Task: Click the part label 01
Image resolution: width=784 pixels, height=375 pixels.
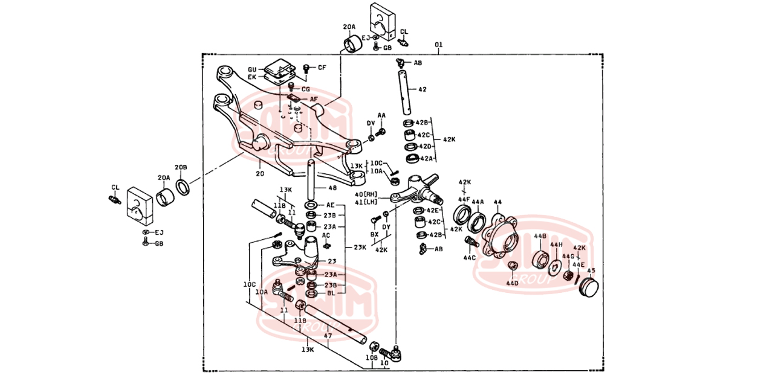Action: pos(439,45)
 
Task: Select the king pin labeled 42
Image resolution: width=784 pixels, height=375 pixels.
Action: pos(404,91)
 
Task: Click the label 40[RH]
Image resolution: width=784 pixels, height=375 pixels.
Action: pos(366,194)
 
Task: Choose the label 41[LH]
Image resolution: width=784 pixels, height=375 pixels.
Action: pos(366,202)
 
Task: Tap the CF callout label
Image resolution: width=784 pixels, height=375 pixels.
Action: pos(322,68)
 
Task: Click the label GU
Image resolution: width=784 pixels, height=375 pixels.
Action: pos(252,69)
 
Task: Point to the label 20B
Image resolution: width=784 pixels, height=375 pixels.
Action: pos(181,167)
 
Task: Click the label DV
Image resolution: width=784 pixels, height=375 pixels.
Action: pos(371,123)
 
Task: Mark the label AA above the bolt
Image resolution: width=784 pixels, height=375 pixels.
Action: pos(381,115)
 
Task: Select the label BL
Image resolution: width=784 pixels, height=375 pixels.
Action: pos(330,293)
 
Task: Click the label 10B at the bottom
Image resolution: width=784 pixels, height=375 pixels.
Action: pos(371,358)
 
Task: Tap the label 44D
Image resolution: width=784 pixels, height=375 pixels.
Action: pos(512,283)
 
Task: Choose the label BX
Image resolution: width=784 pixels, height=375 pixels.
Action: pos(374,234)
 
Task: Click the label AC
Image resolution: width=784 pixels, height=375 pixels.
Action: pos(326,235)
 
